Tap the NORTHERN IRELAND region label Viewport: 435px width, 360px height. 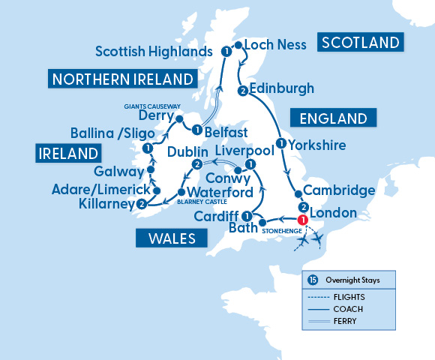(121, 79)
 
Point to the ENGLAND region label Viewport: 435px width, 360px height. (333, 118)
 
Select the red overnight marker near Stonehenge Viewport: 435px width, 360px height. (303, 220)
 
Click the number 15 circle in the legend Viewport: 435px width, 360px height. (313, 280)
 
